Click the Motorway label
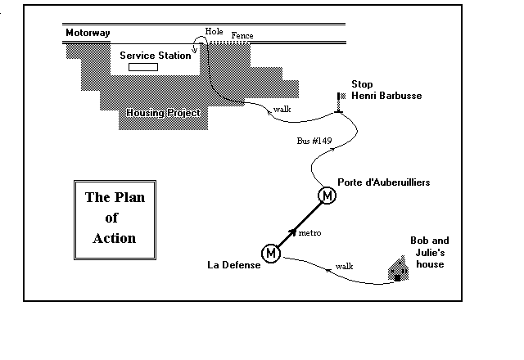88,34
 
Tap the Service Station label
155,55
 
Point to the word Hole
215,31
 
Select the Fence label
242,36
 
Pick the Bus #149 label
314,142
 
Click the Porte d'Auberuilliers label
383,182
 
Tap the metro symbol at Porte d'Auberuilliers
327,196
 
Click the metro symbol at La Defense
271,254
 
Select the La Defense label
233,265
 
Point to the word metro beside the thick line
309,234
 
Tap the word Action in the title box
115,238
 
